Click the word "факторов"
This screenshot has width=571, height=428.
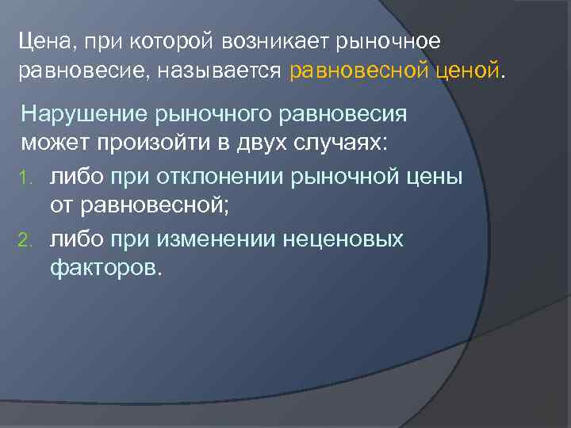point(105,269)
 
